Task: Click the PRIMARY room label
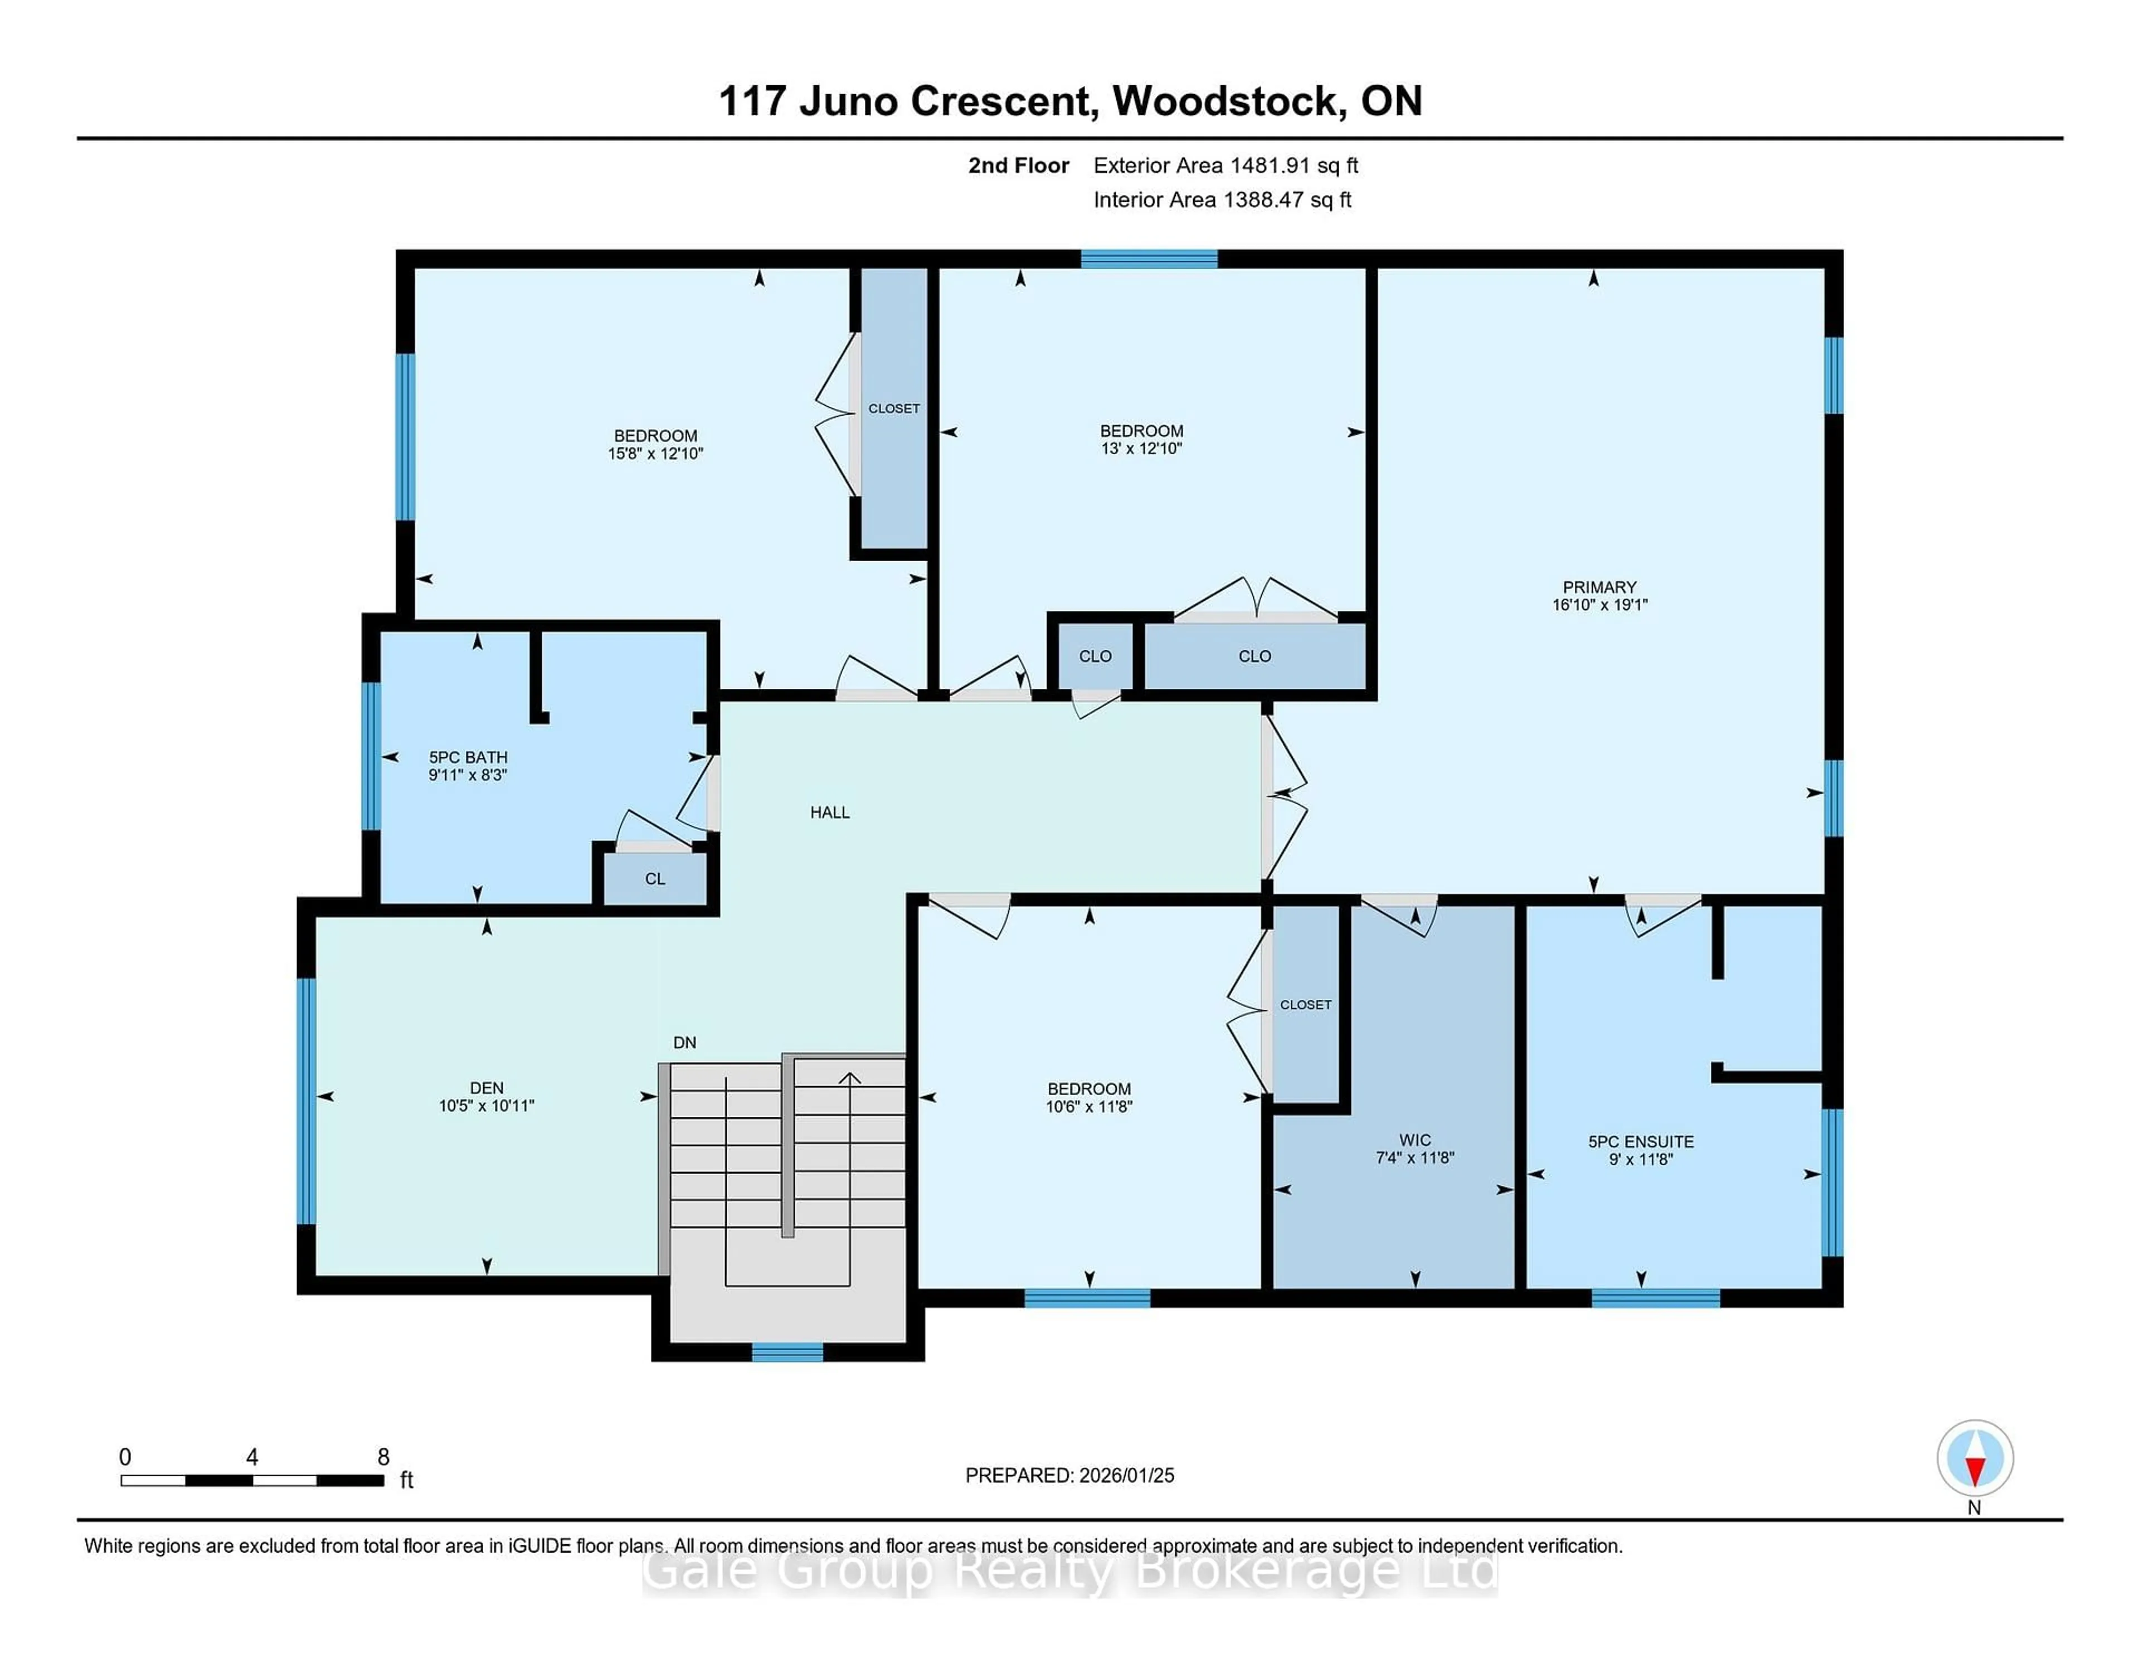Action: (x=1599, y=587)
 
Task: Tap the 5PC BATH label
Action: (x=468, y=757)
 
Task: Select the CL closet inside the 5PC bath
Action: (x=655, y=879)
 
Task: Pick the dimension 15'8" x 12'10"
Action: (x=655, y=454)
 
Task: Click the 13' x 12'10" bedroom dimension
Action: (x=1141, y=449)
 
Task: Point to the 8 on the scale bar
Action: (x=383, y=1457)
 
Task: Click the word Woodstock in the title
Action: (x=1227, y=101)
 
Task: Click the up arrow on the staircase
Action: (x=849, y=1079)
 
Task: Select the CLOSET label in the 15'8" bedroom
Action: (x=894, y=408)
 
